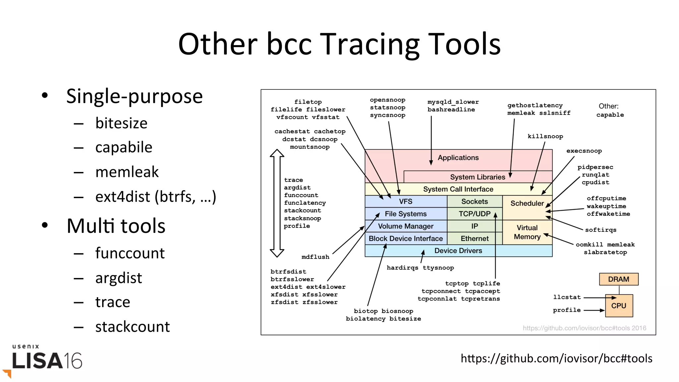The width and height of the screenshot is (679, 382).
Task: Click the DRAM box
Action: click(x=618, y=279)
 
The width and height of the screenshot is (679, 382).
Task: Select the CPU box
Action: click(x=619, y=305)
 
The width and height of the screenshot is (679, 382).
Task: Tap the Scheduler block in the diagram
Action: click(x=527, y=203)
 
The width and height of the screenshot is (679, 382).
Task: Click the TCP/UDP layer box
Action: click(x=474, y=214)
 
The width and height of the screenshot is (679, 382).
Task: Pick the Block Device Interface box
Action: click(x=405, y=239)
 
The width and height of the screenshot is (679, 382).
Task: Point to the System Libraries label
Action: click(x=477, y=177)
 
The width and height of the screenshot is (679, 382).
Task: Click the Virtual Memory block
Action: click(x=527, y=232)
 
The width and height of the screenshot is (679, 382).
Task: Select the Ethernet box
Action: click(x=474, y=239)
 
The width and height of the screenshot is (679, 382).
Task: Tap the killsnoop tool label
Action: click(x=545, y=136)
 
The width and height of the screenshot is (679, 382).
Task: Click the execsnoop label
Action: click(x=584, y=151)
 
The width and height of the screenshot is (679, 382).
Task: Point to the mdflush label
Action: click(x=315, y=257)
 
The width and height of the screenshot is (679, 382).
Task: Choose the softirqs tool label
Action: click(x=600, y=230)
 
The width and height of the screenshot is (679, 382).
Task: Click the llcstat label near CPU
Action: click(x=567, y=297)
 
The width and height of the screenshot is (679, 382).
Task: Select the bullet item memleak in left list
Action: click(x=127, y=172)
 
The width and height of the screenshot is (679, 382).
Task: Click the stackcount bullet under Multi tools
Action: click(x=132, y=327)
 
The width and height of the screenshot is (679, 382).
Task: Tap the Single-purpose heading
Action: click(x=134, y=96)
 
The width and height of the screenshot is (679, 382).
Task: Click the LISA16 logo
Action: click(x=46, y=360)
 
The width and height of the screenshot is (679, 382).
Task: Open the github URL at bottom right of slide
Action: click(x=556, y=358)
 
